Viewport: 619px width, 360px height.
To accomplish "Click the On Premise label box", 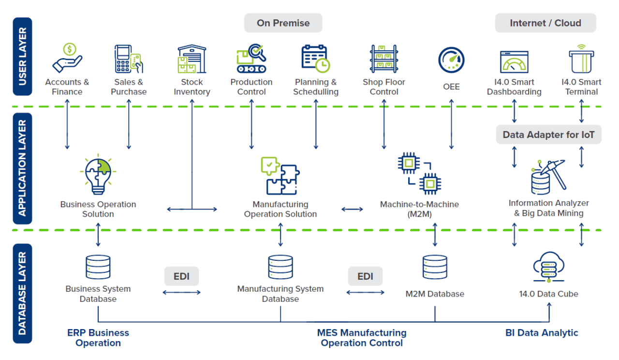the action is coord(283,23).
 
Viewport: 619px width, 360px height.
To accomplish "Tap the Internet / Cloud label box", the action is coord(545,23).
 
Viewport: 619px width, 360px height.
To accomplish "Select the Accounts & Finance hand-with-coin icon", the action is coord(67,58).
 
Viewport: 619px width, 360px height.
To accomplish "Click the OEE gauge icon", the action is coord(451,60).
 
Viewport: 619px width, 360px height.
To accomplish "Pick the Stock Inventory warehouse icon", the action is coord(192,59).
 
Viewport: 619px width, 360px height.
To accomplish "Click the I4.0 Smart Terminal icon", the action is coord(581,59).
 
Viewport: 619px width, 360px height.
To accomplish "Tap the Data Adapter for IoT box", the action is coord(548,135).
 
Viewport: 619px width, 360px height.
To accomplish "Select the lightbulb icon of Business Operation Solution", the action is coord(98,173).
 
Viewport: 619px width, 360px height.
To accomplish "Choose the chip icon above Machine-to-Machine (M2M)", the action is coord(419,173).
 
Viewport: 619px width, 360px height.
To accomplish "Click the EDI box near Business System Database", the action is coord(181,276).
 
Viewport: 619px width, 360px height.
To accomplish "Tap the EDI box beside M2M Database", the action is coord(365,276).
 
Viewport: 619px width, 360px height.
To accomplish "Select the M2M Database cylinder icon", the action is coord(434,268).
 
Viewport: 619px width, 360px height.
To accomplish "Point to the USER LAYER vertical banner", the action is coord(22,56).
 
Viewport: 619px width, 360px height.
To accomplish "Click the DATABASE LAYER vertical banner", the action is coord(22,293).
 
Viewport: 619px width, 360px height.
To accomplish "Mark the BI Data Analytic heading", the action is coord(542,333).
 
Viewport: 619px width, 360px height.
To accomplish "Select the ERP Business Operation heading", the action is coord(98,338).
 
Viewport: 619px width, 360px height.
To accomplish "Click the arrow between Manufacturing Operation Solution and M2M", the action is coord(352,209).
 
